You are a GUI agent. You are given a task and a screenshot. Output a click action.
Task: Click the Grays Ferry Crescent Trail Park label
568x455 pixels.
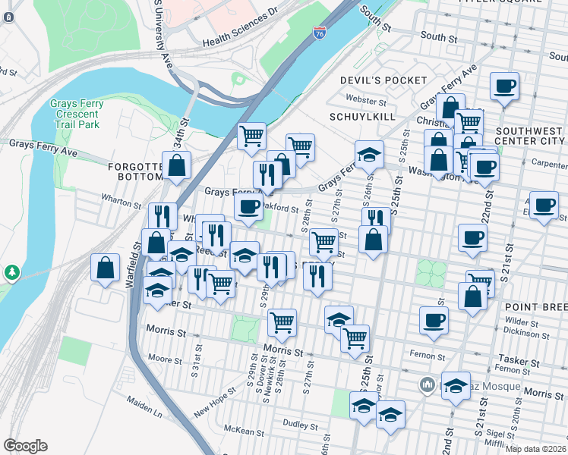pos(75,114)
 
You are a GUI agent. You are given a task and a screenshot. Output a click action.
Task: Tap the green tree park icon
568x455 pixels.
pos(11,271)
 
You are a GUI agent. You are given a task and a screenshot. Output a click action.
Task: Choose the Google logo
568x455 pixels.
pos(25,446)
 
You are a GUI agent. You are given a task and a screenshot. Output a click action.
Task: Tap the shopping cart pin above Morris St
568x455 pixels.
pos(282,322)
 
